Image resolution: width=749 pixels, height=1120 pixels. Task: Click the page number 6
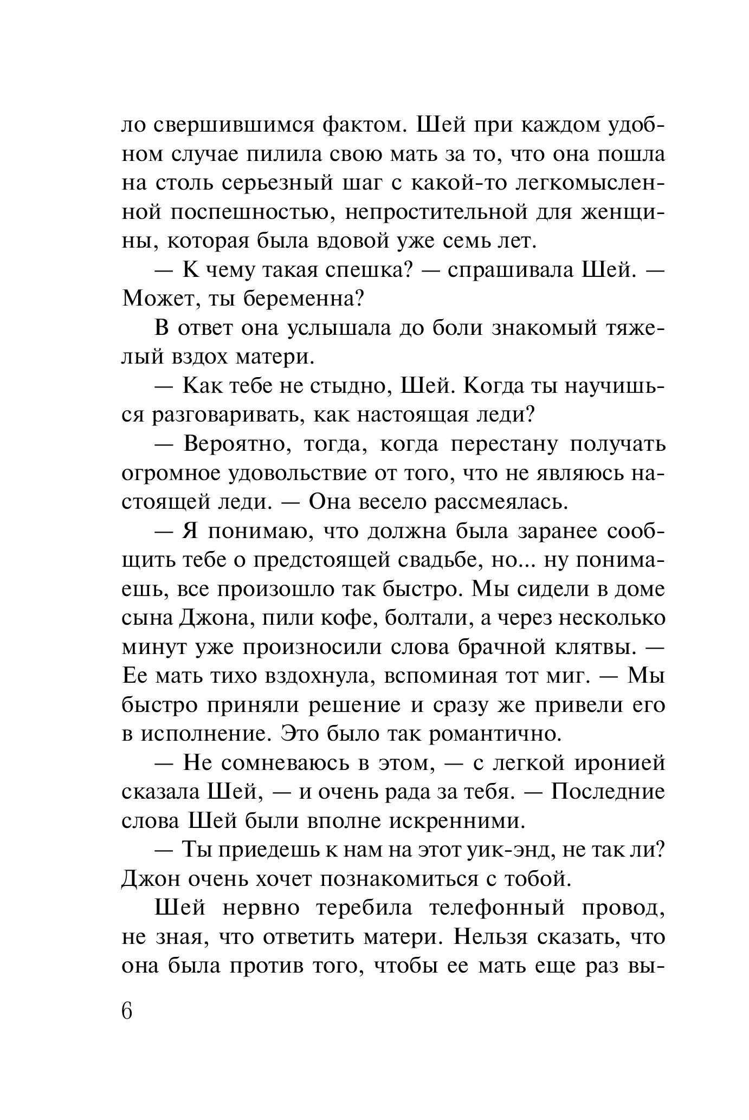[127, 1011]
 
